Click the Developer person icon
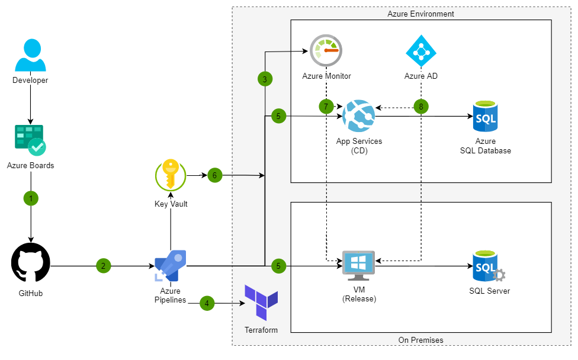pos(30,56)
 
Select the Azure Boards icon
pos(30,140)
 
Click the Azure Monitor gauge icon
pos(326,51)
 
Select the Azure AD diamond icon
pos(420,51)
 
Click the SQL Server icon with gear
pos(488,267)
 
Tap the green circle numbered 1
pos(30,198)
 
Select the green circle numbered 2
pos(103,266)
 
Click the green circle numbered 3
pos(265,79)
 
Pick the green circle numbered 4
pos(207,303)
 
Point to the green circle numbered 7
pos(326,107)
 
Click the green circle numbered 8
pos(421,107)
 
